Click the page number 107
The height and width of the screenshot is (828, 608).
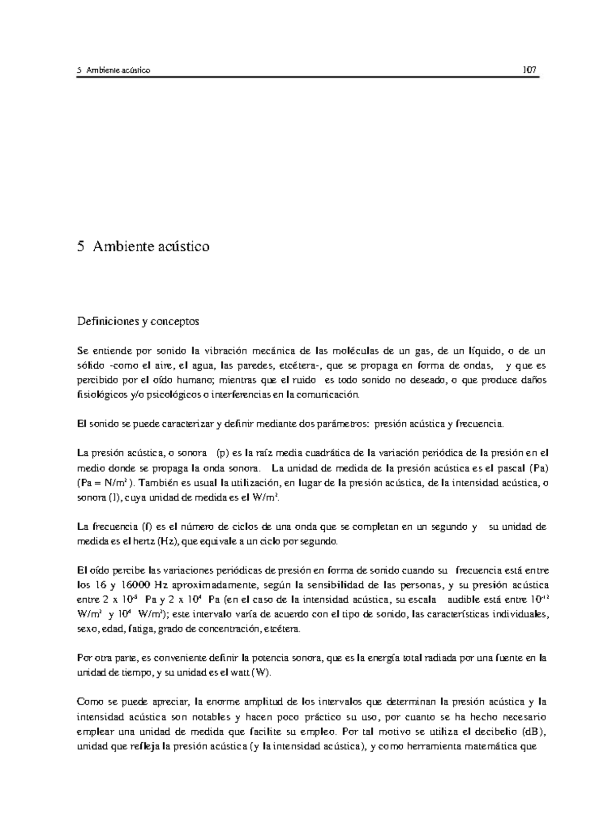point(529,70)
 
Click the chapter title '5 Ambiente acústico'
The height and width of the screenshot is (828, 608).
point(143,247)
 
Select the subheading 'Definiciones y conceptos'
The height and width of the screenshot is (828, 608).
point(138,321)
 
